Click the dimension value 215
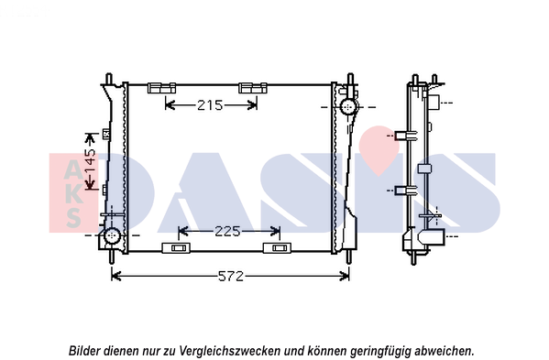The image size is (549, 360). [x=210, y=105]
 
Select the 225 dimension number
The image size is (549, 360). [x=228, y=231]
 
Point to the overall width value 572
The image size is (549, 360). [x=231, y=277]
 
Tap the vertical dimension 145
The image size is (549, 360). [x=90, y=165]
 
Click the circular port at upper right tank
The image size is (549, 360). [x=348, y=108]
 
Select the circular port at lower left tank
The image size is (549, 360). [x=112, y=236]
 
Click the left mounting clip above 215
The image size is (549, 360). [x=161, y=88]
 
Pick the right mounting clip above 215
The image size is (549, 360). [x=251, y=88]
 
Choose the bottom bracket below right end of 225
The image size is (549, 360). [x=276, y=248]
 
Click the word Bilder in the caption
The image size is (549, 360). [x=87, y=350]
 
